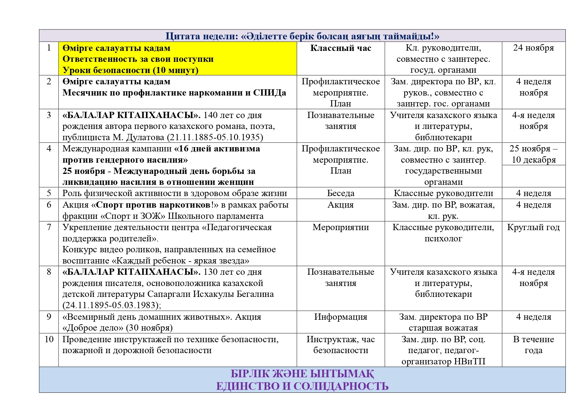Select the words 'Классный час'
point(341,48)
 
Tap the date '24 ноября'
point(533,48)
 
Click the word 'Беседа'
point(341,193)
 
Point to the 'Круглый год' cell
point(533,227)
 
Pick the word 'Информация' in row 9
point(341,317)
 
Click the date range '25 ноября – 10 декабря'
point(533,154)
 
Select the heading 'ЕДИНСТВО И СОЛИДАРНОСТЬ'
point(302,386)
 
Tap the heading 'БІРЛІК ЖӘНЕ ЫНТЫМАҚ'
point(302,374)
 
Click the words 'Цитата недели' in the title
point(202,36)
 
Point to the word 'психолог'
point(443,239)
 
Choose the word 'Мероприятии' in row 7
point(341,227)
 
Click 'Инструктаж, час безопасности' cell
point(341,345)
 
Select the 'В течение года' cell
point(533,345)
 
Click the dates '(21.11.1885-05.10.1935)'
point(215,138)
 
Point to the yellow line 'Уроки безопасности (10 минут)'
point(131,70)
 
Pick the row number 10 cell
point(49,340)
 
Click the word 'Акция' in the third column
point(341,205)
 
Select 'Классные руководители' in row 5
point(443,193)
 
